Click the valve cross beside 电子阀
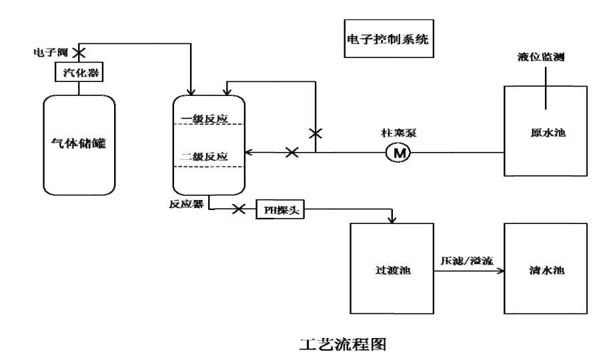78,51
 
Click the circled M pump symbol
400,153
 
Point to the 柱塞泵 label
400,133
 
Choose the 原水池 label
546,133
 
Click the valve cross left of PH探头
238,209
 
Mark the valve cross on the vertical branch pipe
316,134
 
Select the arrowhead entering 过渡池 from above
393,219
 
